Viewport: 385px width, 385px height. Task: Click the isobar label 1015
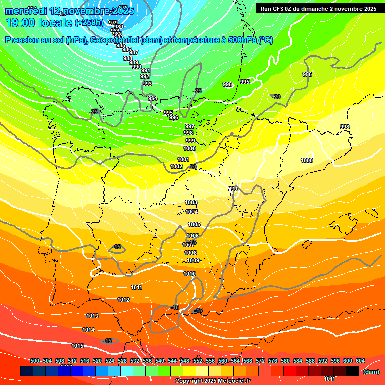[x=77, y=346]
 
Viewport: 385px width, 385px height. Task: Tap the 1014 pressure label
[x=88, y=330]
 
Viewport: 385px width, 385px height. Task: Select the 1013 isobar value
[x=92, y=316]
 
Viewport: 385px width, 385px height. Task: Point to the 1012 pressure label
[x=123, y=300]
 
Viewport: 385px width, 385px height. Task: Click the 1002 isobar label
[x=176, y=166]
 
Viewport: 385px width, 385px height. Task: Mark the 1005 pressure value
[x=194, y=224]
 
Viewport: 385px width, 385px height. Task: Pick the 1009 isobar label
[x=193, y=260]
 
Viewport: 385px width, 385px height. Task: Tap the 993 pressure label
[x=147, y=84]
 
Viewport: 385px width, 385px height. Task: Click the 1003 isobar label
[x=191, y=202]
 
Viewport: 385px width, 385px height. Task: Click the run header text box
[x=318, y=9]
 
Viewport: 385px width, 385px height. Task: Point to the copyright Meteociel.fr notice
[x=213, y=381]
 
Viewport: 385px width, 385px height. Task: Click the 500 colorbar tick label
[x=35, y=361]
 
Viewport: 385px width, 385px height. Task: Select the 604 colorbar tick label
[x=360, y=361]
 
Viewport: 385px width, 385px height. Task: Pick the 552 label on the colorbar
[x=198, y=361]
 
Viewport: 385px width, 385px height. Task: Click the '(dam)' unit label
[x=370, y=372]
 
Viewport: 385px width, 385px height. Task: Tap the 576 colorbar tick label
[x=273, y=361]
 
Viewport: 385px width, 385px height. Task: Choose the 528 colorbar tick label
[x=122, y=361]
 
